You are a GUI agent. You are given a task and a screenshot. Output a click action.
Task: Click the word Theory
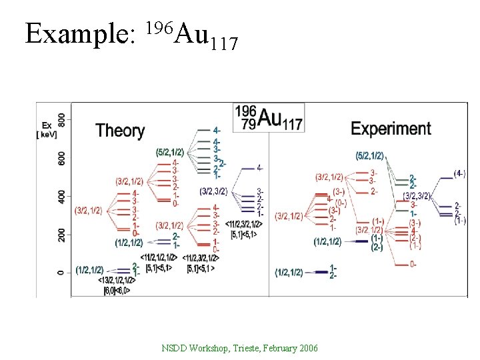pyautogui.click(x=120, y=130)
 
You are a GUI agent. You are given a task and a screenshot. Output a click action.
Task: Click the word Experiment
pyautogui.click(x=391, y=128)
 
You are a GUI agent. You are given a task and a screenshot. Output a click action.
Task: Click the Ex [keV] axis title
pyautogui.click(x=47, y=130)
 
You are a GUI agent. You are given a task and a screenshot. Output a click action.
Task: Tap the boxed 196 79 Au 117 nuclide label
pyautogui.click(x=269, y=117)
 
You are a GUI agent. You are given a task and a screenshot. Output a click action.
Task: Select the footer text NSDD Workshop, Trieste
pyautogui.click(x=239, y=349)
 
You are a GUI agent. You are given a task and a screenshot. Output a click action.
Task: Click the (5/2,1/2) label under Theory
pyautogui.click(x=169, y=152)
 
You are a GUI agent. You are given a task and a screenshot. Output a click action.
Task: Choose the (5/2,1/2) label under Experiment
pyautogui.click(x=370, y=156)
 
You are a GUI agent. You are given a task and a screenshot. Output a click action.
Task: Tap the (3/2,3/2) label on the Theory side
pyautogui.click(x=213, y=191)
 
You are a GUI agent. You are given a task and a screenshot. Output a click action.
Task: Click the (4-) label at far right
pyautogui.click(x=459, y=173)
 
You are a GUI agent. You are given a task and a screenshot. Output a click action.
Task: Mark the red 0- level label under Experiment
pyautogui.click(x=413, y=264)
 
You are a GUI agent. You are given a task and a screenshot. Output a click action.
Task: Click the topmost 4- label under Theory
pyautogui.click(x=217, y=130)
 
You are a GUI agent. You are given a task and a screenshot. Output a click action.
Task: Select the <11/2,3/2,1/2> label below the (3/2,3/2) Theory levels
pyautogui.click(x=244, y=225)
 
